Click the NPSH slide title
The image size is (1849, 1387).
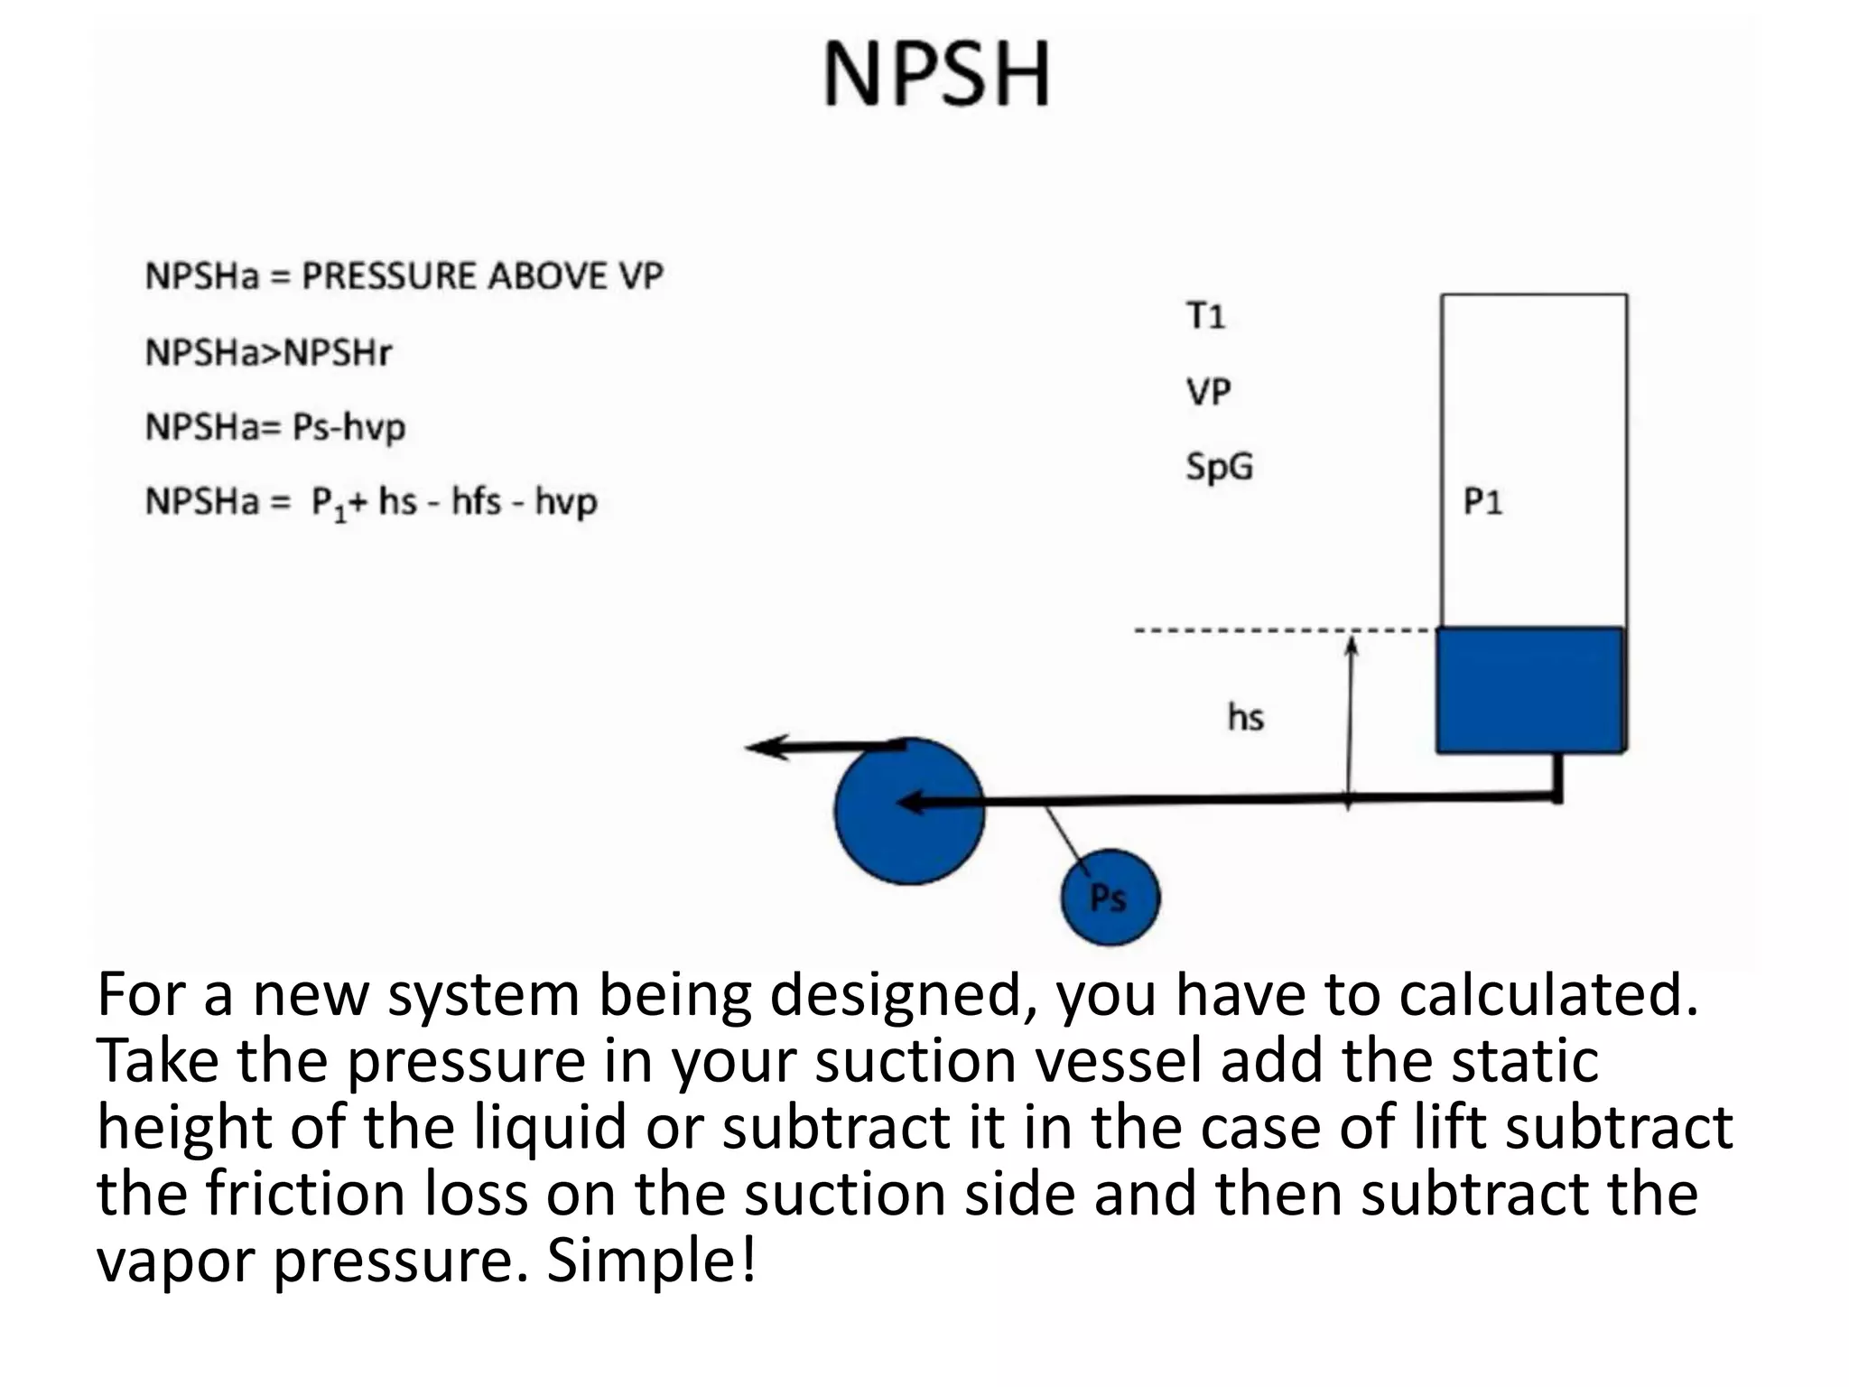tap(936, 74)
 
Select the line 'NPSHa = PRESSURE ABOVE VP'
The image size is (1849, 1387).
tap(404, 276)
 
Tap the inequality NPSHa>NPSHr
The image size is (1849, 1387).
tap(268, 352)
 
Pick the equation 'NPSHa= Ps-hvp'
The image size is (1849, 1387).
tap(275, 427)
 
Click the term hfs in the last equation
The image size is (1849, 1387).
tap(476, 501)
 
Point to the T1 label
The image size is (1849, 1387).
tap(1205, 316)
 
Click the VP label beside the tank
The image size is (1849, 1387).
tap(1208, 392)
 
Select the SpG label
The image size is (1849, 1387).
tap(1219, 467)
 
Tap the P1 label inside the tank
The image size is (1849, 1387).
tap(1482, 501)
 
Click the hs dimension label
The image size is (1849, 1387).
tap(1246, 718)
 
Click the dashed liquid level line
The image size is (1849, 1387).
tap(1282, 630)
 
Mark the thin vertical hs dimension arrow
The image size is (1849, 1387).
tap(1350, 722)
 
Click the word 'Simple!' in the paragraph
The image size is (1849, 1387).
tap(651, 1261)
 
